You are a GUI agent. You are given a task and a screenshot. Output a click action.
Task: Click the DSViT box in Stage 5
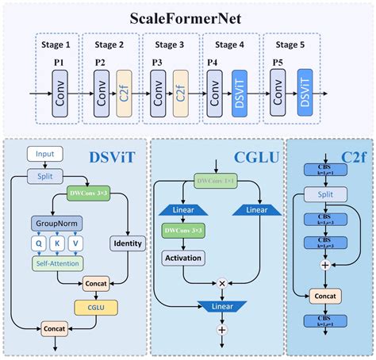coord(304,93)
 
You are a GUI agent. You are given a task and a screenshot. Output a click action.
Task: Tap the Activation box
coord(183,258)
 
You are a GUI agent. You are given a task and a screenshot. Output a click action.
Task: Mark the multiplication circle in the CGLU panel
coord(222,282)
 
